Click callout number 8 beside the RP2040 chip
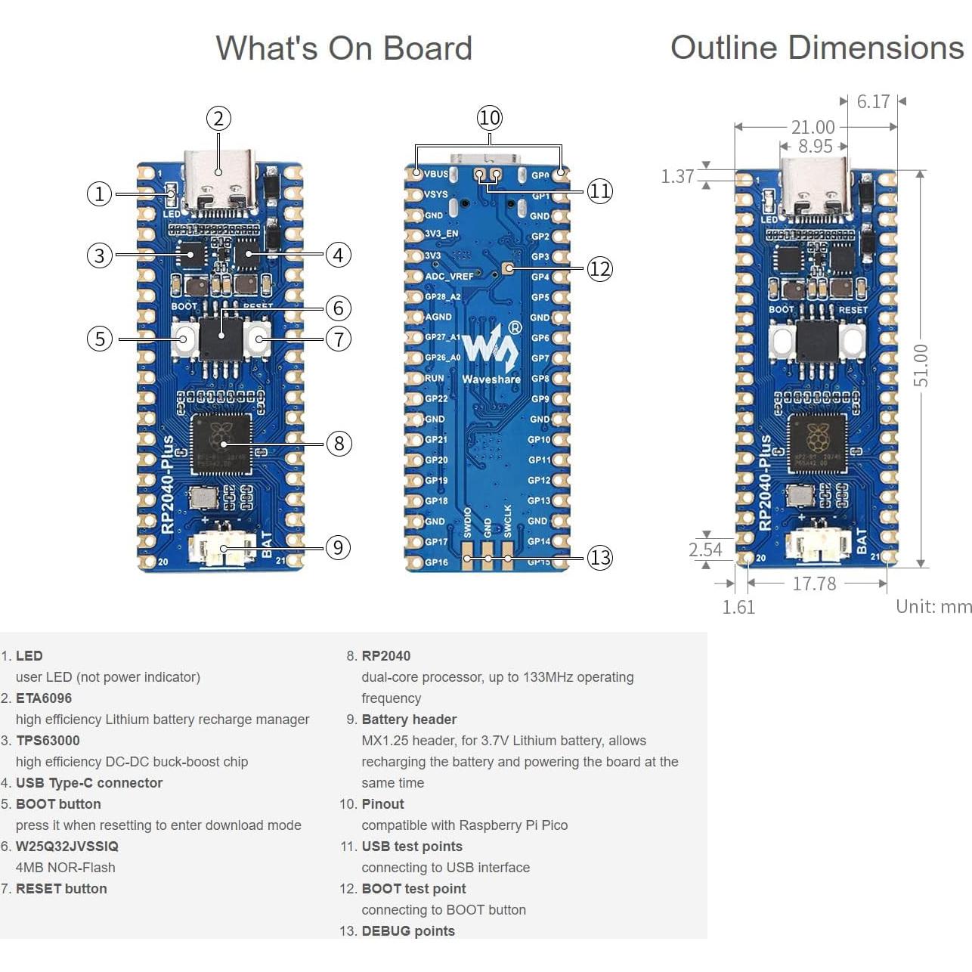pyautogui.click(x=339, y=443)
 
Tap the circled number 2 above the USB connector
pyautogui.click(x=218, y=119)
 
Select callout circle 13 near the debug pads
pyautogui.click(x=599, y=558)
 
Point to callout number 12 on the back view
pyautogui.click(x=599, y=269)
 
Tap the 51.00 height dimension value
pyautogui.click(x=921, y=366)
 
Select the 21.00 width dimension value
pyautogui.click(x=813, y=127)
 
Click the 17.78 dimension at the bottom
pyautogui.click(x=814, y=584)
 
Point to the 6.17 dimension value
pyautogui.click(x=873, y=101)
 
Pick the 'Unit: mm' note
pyautogui.click(x=933, y=606)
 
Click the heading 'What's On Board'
pyautogui.click(x=344, y=48)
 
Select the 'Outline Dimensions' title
pyautogui.click(x=816, y=48)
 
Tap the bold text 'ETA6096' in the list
pyautogui.click(x=44, y=698)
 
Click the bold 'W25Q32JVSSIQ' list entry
pyautogui.click(x=67, y=847)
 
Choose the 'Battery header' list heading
pyautogui.click(x=409, y=720)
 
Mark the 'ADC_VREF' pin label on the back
pyautogui.click(x=449, y=277)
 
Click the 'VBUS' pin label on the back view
pyautogui.click(x=436, y=174)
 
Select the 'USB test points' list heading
pyautogui.click(x=412, y=847)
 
